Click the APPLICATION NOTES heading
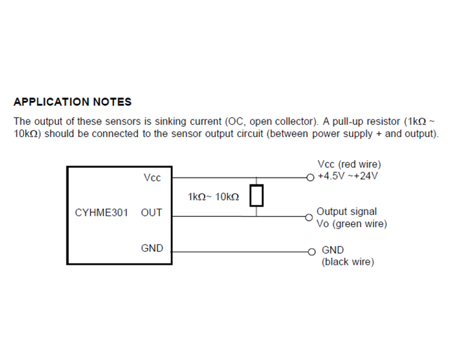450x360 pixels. click(x=72, y=102)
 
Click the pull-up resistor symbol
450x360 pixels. click(x=256, y=196)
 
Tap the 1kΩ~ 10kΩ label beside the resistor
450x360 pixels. click(x=213, y=197)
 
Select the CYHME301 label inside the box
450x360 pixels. click(x=101, y=213)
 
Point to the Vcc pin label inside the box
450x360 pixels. click(x=152, y=178)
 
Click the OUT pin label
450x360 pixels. click(x=152, y=213)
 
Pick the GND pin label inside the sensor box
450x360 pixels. click(x=152, y=248)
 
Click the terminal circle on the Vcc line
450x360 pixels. click(x=310, y=178)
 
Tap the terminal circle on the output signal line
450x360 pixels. click(x=309, y=217)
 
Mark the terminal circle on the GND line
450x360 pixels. click(x=312, y=252)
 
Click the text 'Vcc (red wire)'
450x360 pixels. click(x=349, y=164)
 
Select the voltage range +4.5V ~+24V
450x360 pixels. click(x=348, y=176)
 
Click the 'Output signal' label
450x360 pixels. click(x=346, y=211)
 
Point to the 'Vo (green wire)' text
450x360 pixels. click(x=352, y=224)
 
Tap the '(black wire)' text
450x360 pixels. click(x=348, y=262)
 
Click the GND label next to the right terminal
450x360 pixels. click(x=333, y=250)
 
